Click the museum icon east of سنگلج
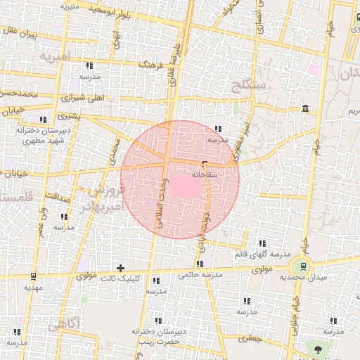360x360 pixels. tap(304, 108)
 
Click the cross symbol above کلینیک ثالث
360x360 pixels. tap(121, 267)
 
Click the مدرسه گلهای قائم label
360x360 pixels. tap(262, 253)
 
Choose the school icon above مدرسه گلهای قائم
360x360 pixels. tap(262, 243)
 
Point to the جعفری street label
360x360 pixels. tap(249, 338)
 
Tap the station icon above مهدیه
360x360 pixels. tap(32, 276)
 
